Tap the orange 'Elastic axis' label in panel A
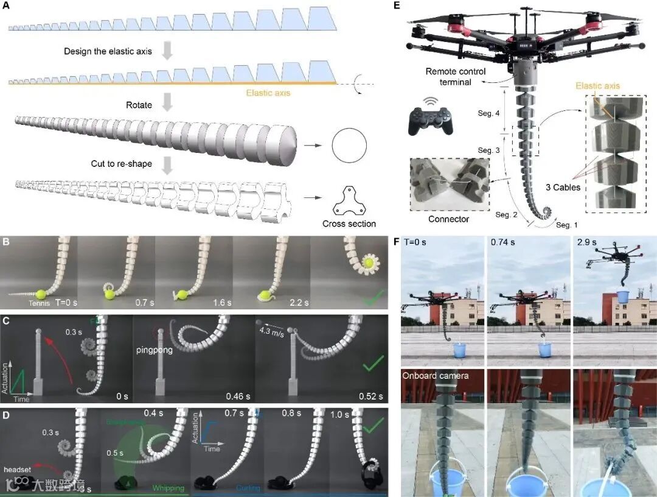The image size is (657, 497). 268,93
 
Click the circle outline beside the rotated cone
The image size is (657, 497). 349,146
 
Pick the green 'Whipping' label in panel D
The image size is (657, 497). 169,488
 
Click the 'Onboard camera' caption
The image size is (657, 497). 435,376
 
